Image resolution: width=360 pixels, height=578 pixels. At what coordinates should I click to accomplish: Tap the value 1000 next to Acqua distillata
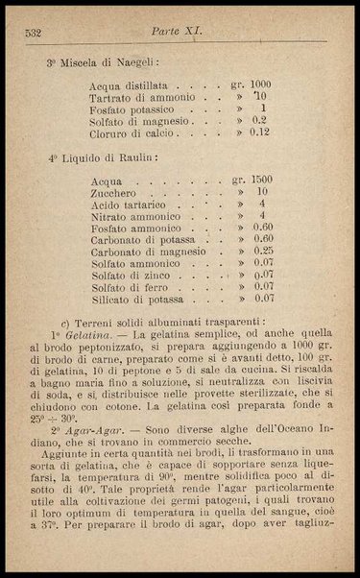(x=259, y=84)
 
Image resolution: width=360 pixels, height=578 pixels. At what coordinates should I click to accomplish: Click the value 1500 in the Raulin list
(x=259, y=180)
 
